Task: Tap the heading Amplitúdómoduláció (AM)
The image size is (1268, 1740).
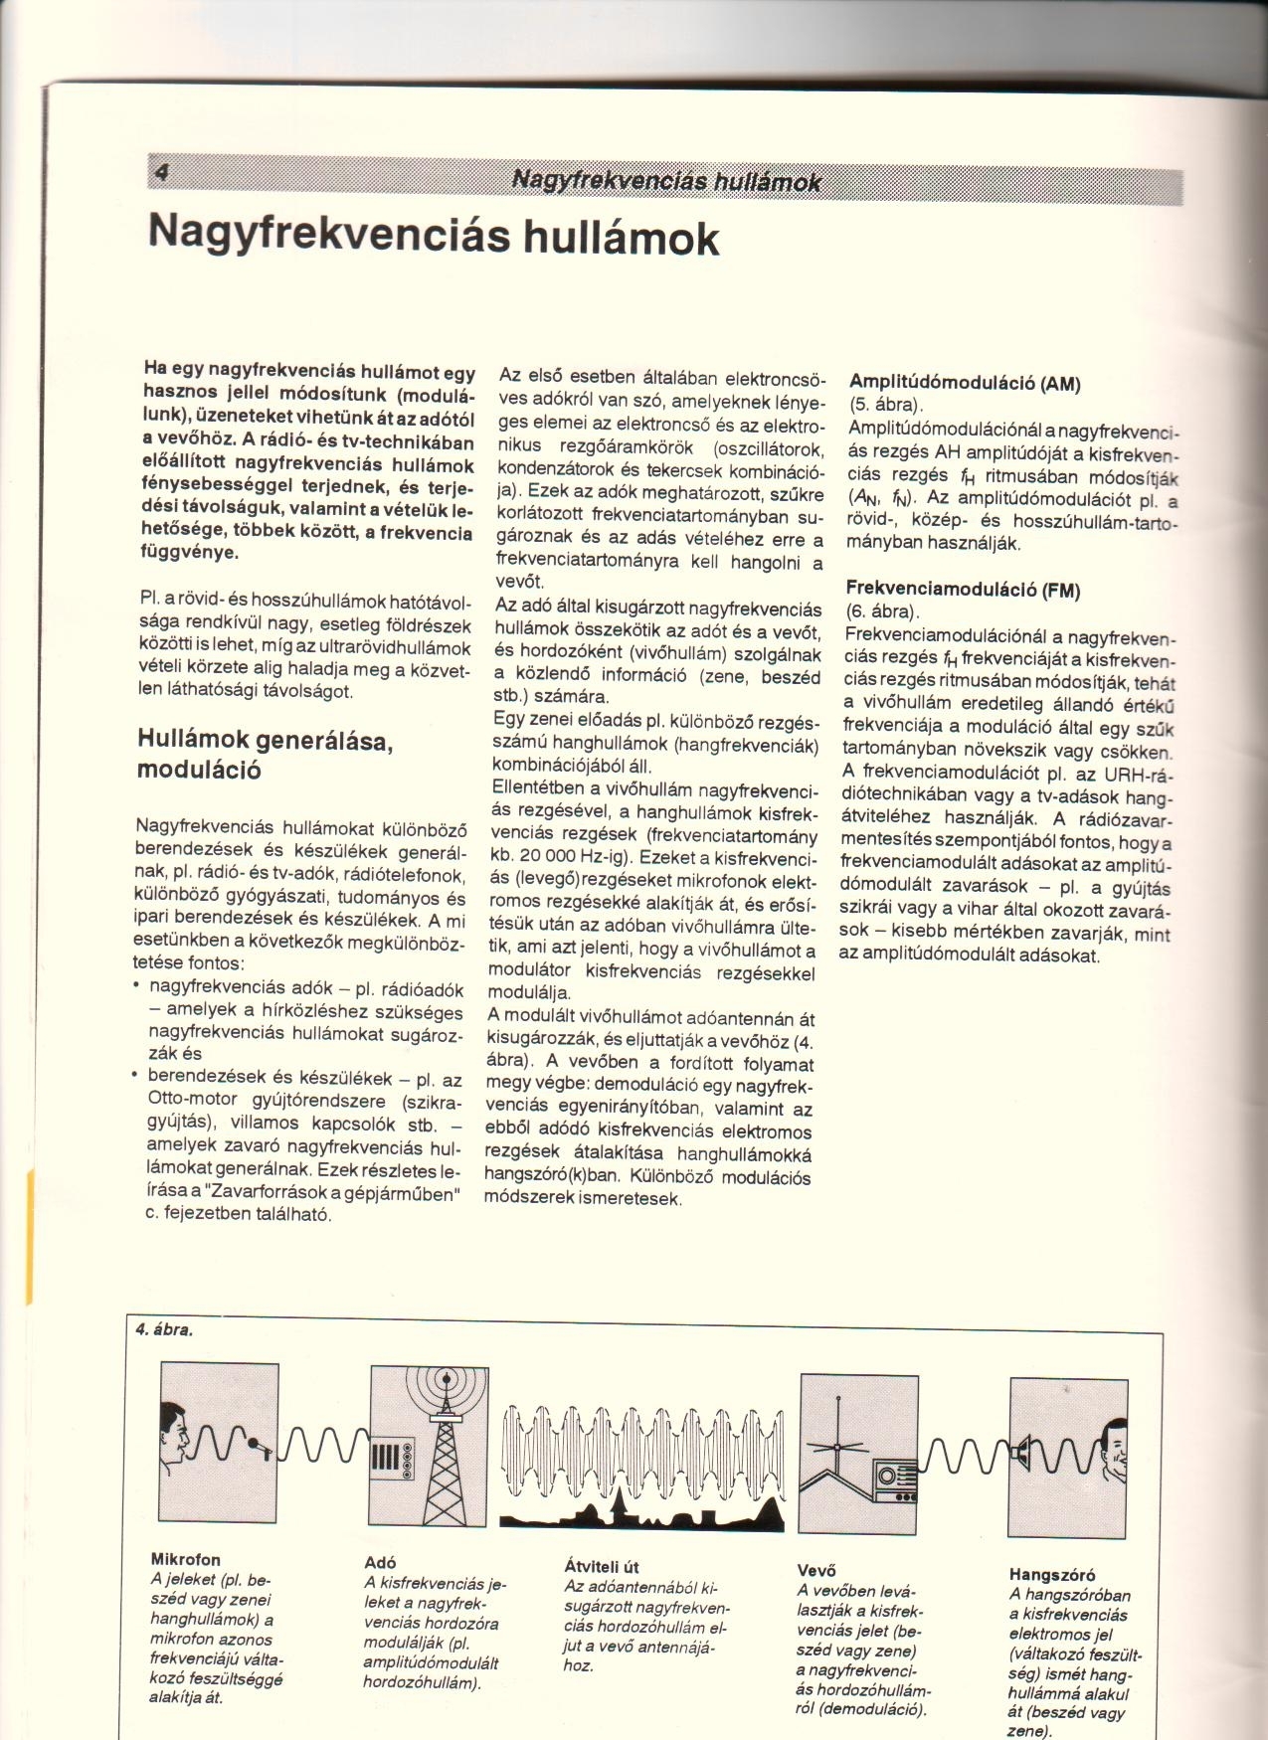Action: pos(964,382)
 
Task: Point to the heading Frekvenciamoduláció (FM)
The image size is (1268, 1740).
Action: pos(963,589)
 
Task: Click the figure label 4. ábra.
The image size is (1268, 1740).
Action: pos(164,1329)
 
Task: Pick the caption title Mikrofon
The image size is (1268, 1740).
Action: pos(185,1559)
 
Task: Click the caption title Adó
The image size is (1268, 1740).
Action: pos(380,1562)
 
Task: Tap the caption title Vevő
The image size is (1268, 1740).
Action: pos(816,1570)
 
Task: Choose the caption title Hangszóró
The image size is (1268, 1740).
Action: pos(1052,1574)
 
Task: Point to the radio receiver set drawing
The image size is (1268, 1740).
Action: pos(895,1481)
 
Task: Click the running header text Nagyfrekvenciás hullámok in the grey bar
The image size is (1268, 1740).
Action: pos(666,181)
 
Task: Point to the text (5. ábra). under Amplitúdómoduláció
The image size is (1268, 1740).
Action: pos(886,405)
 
